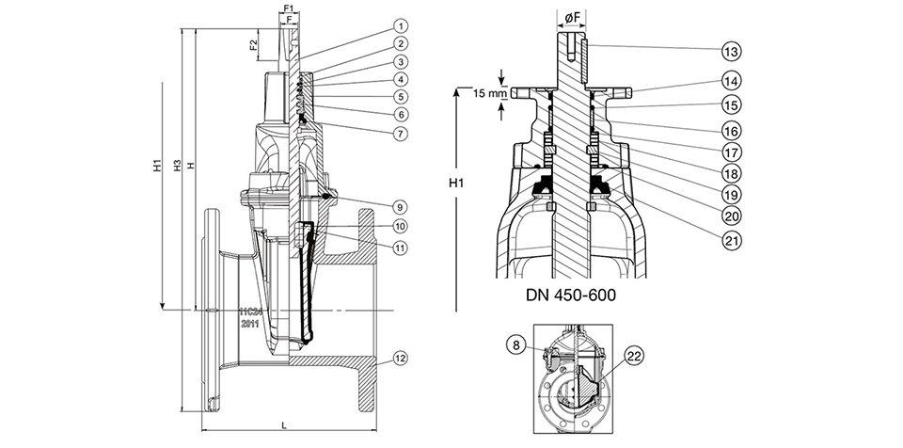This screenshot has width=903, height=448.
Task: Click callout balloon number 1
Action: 373,25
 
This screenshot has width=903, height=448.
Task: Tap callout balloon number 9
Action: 373,205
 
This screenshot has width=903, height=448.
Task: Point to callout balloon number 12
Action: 373,358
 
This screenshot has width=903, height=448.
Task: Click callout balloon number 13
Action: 729,49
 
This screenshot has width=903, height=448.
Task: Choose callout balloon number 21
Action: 729,241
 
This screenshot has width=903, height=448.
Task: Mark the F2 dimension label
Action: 255,44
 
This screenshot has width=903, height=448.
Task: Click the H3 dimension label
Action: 177,167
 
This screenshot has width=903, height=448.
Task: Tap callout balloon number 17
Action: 729,151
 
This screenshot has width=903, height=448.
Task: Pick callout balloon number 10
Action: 373,226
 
